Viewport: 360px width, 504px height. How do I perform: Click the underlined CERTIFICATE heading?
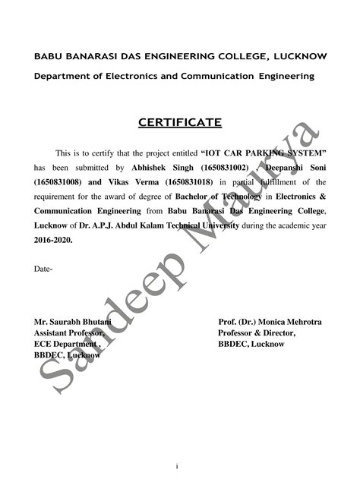tap(180, 122)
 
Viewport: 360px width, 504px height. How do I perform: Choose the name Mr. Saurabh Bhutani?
tap(73, 323)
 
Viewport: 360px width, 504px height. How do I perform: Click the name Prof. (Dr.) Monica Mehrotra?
tap(270, 323)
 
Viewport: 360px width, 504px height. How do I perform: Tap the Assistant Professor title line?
tap(69, 333)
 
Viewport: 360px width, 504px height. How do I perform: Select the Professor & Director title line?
tap(257, 333)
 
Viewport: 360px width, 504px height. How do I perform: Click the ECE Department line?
tap(68, 344)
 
